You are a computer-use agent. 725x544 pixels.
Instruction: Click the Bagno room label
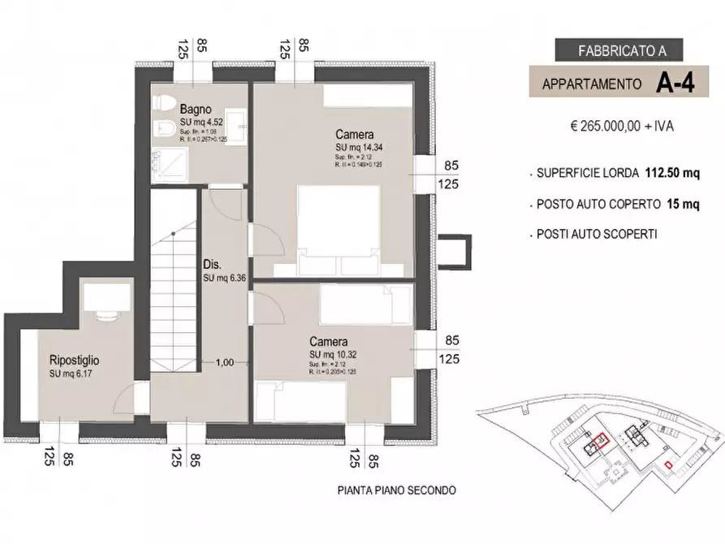[x=196, y=108]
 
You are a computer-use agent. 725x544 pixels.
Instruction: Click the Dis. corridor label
[x=213, y=265]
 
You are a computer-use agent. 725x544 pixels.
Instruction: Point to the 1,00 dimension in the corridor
[x=225, y=363]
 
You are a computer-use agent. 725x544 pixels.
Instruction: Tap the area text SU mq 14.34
[x=362, y=147]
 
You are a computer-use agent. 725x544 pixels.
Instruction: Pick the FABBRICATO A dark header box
[x=623, y=50]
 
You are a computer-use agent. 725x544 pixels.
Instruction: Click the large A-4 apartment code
[x=675, y=84]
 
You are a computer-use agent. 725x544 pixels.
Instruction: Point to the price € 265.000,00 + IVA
[x=623, y=127]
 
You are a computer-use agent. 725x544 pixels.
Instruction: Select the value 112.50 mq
[x=672, y=173]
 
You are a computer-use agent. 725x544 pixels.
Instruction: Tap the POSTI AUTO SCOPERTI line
[x=597, y=234]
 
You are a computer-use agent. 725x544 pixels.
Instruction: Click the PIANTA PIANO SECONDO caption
[x=396, y=490]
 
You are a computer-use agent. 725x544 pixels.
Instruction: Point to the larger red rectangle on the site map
[x=601, y=441]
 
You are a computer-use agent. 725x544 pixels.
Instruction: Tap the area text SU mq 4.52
[x=198, y=123]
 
